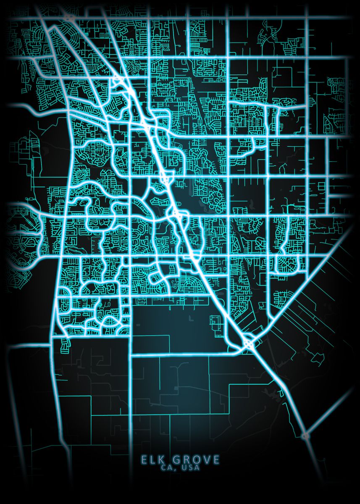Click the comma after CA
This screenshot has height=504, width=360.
tap(176, 468)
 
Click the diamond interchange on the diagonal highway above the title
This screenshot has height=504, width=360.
tap(249, 344)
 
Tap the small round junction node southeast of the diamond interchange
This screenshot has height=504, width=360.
tap(305, 436)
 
